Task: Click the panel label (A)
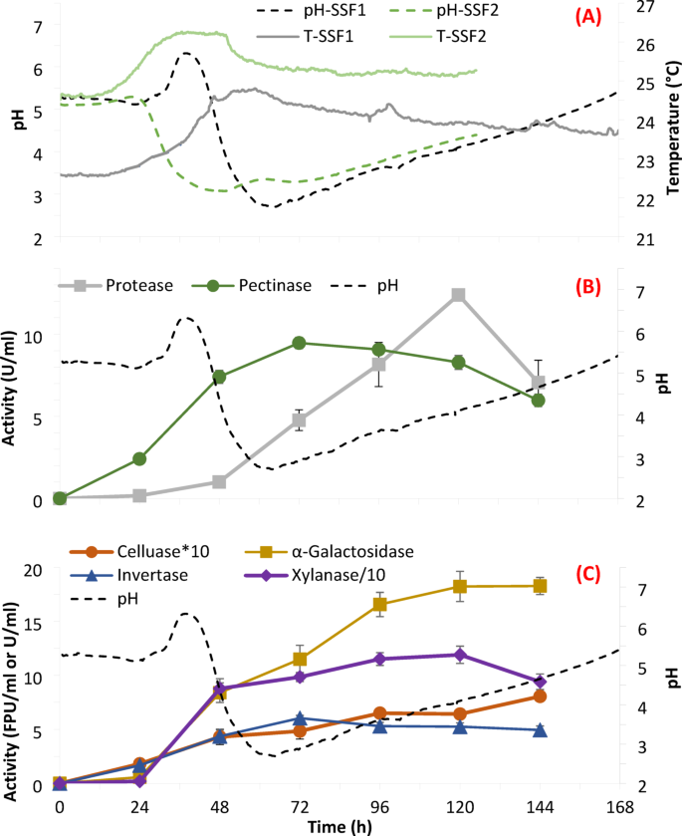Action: pos(583,14)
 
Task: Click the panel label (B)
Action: pos(583,285)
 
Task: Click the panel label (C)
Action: pos(583,573)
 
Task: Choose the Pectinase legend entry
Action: pos(270,285)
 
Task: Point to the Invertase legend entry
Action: pos(134,575)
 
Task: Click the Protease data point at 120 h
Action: pos(458,295)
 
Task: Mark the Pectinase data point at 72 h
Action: pos(299,343)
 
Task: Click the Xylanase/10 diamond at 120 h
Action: pos(459,655)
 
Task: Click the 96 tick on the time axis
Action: pos(378,804)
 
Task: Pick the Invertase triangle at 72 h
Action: pos(299,718)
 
